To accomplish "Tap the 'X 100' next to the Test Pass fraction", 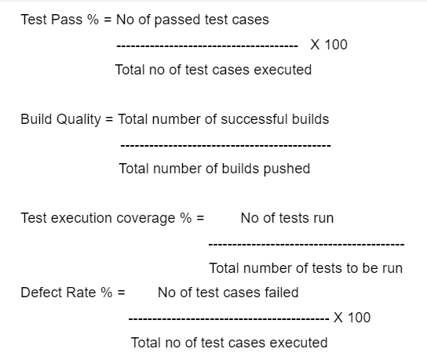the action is [x=329, y=45].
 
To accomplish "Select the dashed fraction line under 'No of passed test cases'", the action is [x=207, y=46].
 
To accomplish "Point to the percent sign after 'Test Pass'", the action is [x=93, y=20].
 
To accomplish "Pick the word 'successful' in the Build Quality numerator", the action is [x=254, y=119].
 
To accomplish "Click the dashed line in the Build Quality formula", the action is [x=226, y=146].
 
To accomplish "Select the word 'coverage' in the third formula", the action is [x=146, y=219].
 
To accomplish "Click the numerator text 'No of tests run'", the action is [x=287, y=218].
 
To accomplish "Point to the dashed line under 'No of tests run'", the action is [x=306, y=245].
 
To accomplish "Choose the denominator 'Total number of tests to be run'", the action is [x=306, y=268].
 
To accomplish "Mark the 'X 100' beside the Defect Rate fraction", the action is [x=352, y=318].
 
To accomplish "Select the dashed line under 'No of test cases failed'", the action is [x=228, y=318].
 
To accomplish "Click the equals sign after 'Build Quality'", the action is [x=109, y=119].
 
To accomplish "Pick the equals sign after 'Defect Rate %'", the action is [x=122, y=293].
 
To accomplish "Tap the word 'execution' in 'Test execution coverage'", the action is [x=82, y=218].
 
